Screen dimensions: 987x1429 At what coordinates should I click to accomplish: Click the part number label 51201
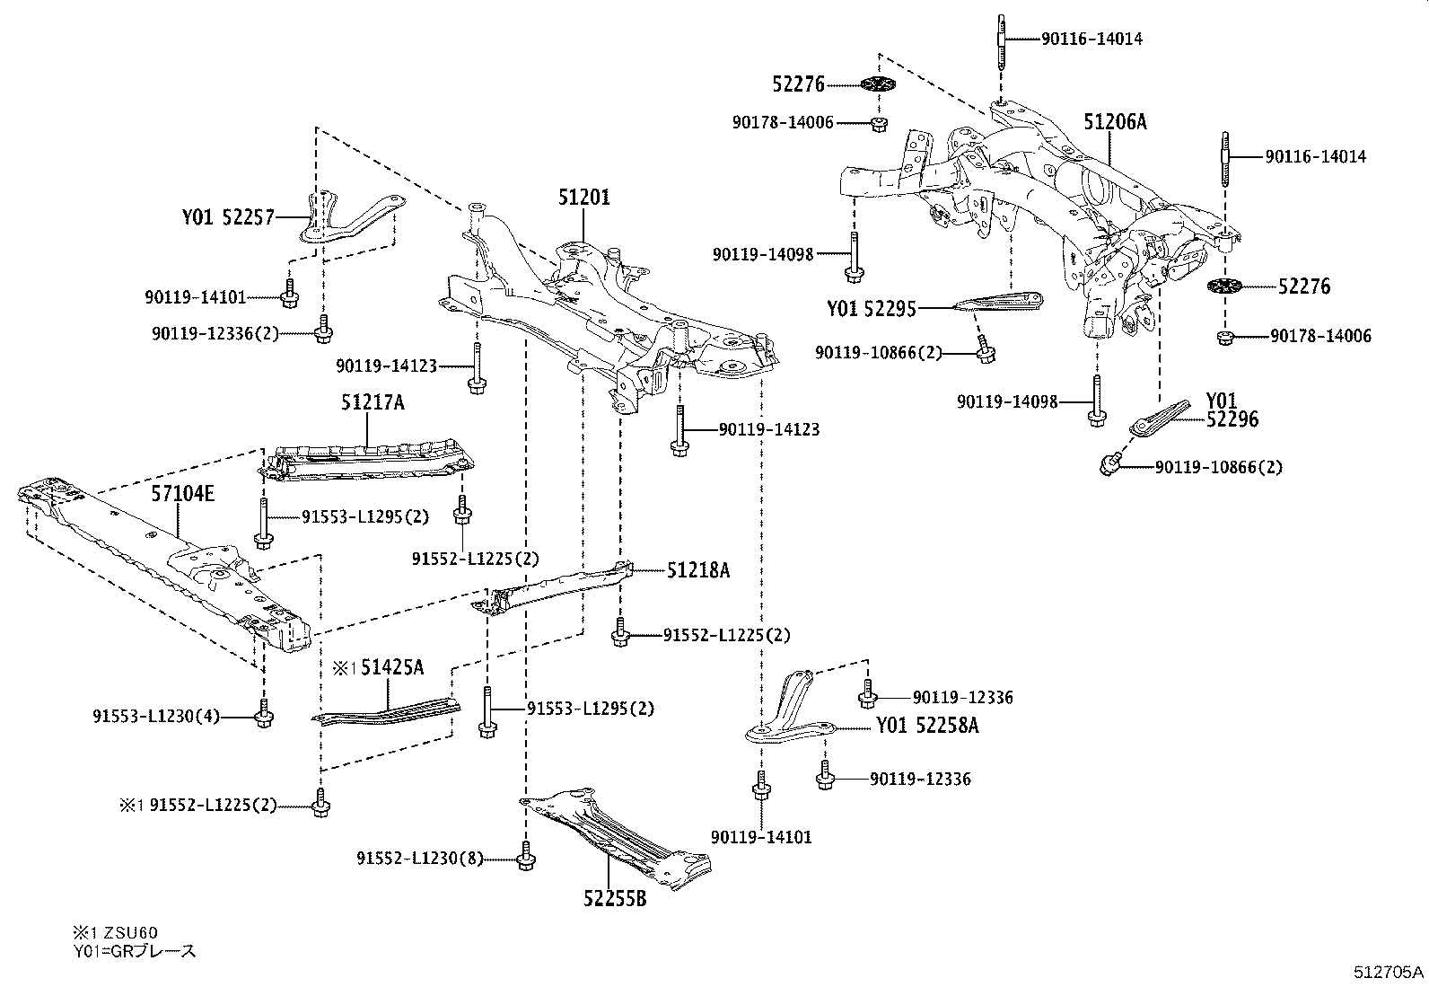[583, 197]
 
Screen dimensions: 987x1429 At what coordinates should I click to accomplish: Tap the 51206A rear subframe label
[1114, 121]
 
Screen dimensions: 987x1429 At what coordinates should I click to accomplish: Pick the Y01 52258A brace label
[926, 725]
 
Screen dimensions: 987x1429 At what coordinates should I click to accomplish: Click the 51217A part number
[372, 402]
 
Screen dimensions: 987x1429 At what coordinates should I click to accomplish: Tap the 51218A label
[697, 569]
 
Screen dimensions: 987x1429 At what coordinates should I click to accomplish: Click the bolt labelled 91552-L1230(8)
[524, 859]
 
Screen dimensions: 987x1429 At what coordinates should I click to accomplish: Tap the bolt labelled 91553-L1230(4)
[263, 716]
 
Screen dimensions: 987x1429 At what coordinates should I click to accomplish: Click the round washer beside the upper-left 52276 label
[879, 84]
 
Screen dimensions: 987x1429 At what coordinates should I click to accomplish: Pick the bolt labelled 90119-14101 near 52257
[289, 297]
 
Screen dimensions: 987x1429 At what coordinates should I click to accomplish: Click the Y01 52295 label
[871, 309]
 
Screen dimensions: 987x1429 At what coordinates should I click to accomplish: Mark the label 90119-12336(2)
[215, 333]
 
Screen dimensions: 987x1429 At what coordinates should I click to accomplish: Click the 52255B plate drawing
[619, 831]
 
